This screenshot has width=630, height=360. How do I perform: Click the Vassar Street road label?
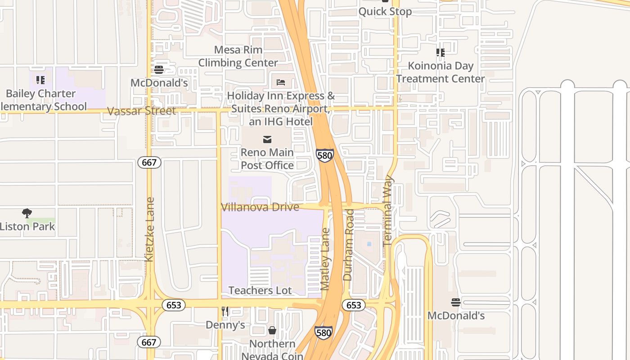pos(141,111)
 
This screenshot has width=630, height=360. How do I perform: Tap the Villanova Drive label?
pos(260,207)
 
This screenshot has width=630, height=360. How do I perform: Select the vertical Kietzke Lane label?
pos(150,229)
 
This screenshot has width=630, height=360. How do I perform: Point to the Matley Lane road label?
pos(326,259)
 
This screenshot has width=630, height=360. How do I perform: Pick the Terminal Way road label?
pos(387,211)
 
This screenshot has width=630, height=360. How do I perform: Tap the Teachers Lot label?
pos(260,290)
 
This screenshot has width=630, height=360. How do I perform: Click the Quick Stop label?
pos(385,11)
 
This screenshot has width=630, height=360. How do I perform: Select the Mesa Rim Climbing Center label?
pos(238,56)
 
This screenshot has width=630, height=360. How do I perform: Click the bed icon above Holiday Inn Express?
pos(281,82)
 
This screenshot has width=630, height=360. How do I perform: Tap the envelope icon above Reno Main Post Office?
pos(267,139)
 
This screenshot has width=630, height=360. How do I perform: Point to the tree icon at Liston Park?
pos(27,213)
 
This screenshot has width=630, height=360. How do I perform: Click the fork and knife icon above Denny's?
pos(225,311)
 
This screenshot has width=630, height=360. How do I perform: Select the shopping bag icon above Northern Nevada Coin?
pos(272,331)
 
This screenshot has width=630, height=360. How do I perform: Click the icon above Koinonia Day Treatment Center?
pos(441,53)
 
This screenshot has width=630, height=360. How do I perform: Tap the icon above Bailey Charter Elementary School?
pos(40,80)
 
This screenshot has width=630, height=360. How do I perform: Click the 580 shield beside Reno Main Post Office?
pos(324,156)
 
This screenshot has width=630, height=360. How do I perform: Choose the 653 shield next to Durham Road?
pos(354,305)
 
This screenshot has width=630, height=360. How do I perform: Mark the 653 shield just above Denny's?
pos(174,305)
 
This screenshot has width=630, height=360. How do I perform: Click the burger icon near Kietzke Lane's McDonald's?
pos(158,70)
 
